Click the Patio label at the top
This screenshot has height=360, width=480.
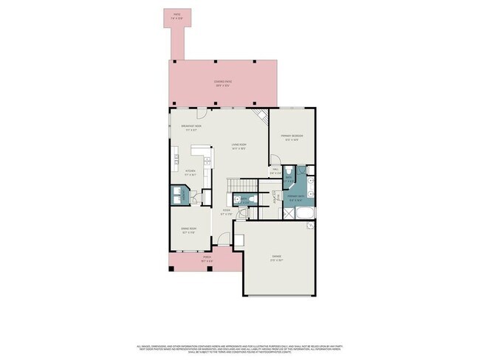(176, 15)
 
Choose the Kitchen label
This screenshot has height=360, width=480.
(190, 173)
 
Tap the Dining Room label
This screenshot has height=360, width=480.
(189, 230)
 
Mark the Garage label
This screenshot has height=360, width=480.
(278, 259)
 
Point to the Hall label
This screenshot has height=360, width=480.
(275, 172)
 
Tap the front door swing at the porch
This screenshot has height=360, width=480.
(219, 239)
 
